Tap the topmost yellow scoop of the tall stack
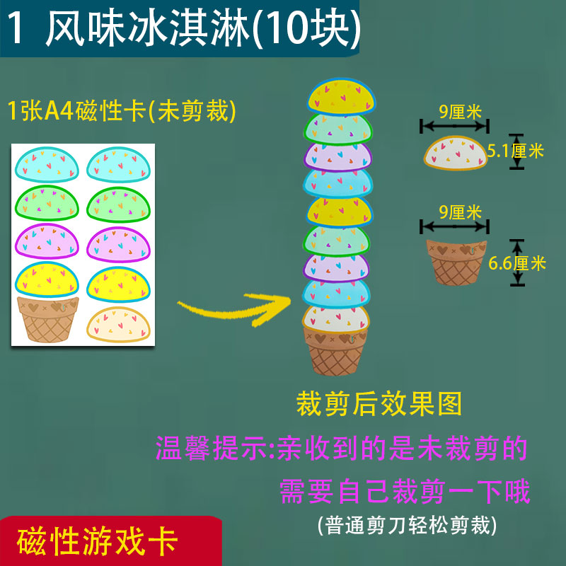(339, 98)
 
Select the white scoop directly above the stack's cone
(337, 318)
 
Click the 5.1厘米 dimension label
(516, 151)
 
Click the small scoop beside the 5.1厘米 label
(456, 153)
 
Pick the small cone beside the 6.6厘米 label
(456, 262)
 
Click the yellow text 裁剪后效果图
(379, 403)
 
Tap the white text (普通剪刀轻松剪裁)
(408, 525)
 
